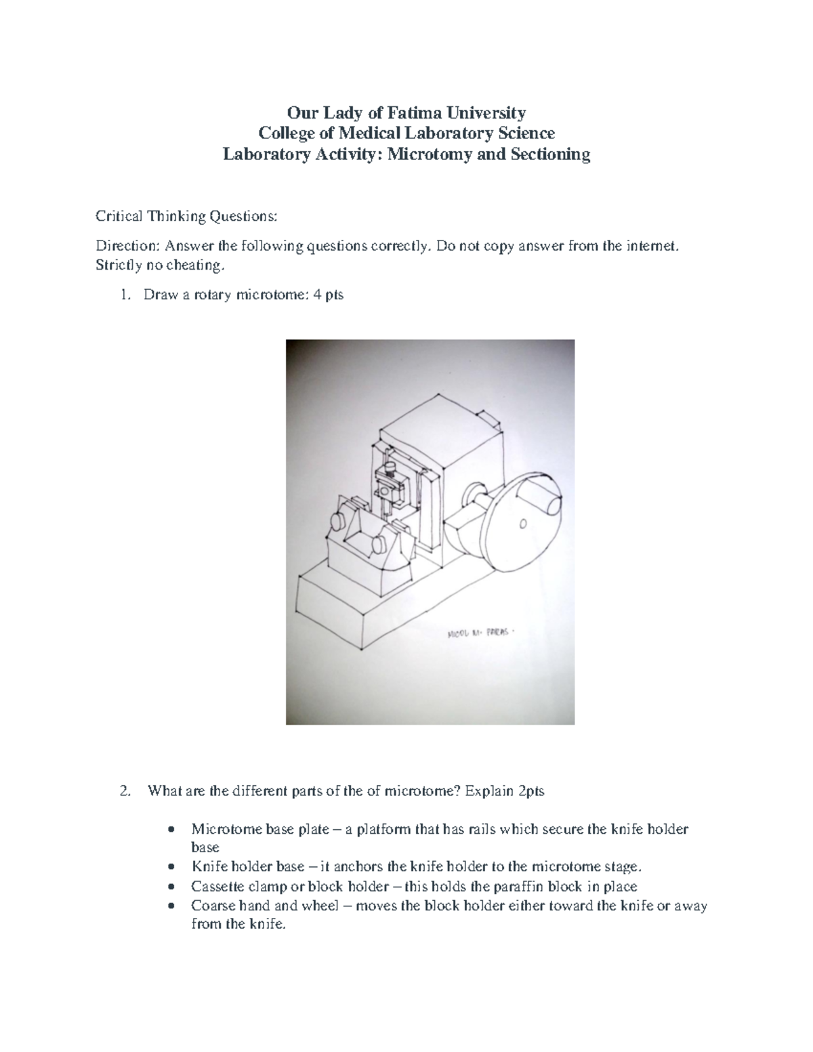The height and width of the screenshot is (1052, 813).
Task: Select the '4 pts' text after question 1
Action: tap(329, 295)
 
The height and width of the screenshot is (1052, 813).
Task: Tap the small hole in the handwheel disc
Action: tap(522, 523)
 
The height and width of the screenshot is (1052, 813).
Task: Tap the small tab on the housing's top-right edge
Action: tap(489, 420)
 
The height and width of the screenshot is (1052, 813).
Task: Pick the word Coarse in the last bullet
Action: tap(213, 906)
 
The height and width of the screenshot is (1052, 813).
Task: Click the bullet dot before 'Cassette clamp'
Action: tap(175, 886)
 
